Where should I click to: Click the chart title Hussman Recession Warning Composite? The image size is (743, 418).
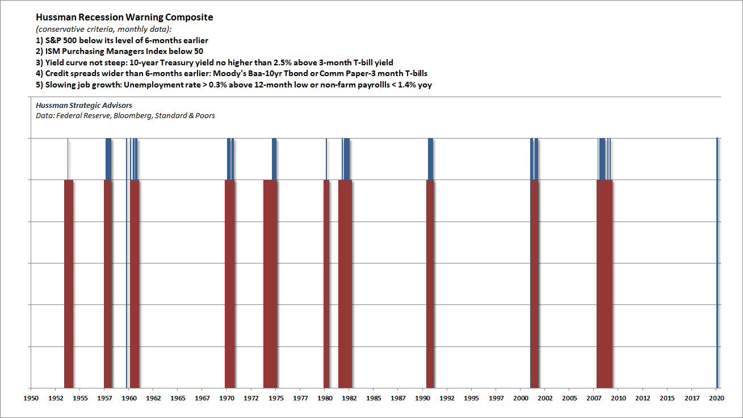(x=124, y=17)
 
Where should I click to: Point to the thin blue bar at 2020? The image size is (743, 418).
(x=717, y=261)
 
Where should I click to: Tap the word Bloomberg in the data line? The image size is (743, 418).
(x=136, y=116)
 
